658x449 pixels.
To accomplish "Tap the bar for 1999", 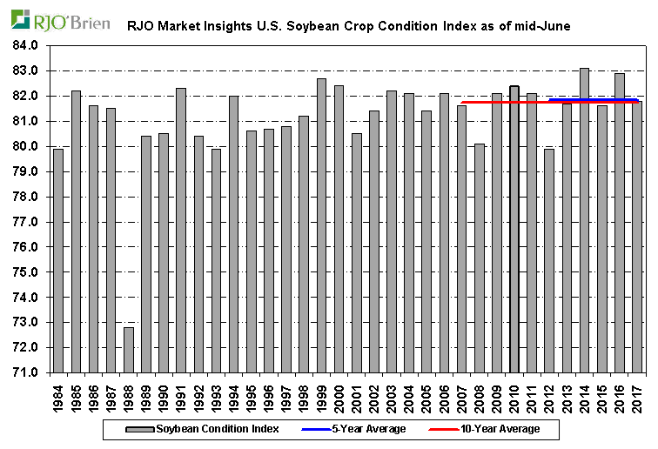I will [x=321, y=225].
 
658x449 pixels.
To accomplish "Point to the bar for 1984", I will [x=58, y=260].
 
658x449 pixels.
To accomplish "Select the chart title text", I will [x=348, y=26].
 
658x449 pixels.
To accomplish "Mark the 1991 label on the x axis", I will [x=181, y=397].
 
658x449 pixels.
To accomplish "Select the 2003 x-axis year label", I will [x=391, y=397].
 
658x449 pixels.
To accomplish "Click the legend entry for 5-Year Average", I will [x=374, y=429].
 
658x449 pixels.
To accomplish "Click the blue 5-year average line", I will [x=592, y=99].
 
